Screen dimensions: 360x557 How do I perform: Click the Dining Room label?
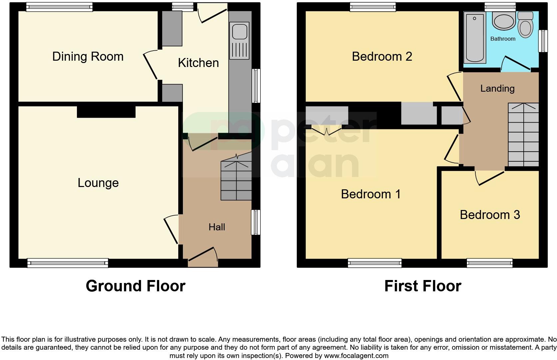pos(88,56)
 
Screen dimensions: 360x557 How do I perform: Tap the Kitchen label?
pos(198,63)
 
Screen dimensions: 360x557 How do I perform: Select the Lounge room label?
pos(98,183)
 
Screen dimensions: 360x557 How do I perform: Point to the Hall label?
pos(217,227)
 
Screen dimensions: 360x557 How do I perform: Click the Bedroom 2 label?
pos(382,56)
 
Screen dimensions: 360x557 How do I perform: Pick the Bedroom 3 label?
pos(489,215)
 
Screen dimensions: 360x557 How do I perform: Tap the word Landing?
pos(497,88)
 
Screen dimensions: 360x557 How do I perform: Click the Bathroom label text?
pos(502,39)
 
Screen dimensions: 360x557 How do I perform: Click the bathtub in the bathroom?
pos(474,37)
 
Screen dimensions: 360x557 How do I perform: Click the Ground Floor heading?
pos(135,286)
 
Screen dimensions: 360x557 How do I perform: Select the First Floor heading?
pos(422,286)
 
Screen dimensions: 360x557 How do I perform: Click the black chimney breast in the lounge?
pos(106,112)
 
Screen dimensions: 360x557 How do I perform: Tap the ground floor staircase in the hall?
pos(236,180)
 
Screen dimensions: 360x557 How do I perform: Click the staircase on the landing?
pos(523,135)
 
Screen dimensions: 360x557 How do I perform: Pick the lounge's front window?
pos(68,263)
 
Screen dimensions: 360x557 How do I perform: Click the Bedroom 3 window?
pos(489,263)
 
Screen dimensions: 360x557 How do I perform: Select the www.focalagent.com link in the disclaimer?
pos(356,356)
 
